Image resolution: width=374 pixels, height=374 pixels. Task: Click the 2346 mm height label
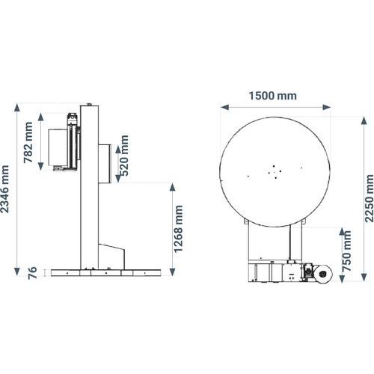coord(5,189)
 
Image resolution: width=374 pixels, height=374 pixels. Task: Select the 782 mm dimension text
coord(28,142)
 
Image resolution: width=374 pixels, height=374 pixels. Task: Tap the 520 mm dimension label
coord(124,156)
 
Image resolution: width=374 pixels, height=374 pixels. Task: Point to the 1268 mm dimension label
coord(179,229)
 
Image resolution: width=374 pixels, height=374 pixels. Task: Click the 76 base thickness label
coord(32,273)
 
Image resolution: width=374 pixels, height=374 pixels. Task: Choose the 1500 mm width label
coord(273,96)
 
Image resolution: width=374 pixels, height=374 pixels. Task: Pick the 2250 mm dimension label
coord(370,198)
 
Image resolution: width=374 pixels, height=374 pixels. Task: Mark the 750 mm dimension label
coord(347,251)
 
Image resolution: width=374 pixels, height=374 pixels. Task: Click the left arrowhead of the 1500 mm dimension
coord(224,107)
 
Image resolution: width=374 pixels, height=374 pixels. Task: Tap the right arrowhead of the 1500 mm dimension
coord(326,107)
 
